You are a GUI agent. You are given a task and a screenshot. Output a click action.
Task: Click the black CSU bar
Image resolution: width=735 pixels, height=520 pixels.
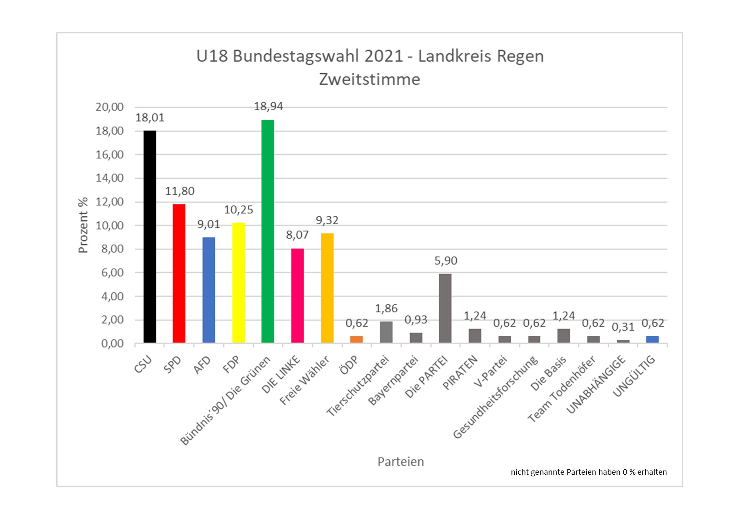[150, 237]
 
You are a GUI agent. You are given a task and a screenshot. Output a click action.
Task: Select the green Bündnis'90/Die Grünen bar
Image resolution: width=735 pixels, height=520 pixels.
[267, 231]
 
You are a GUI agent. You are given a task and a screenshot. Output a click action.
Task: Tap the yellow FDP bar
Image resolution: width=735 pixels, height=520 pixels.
[238, 283]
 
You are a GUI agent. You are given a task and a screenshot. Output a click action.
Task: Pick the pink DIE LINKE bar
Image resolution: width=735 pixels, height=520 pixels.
[297, 296]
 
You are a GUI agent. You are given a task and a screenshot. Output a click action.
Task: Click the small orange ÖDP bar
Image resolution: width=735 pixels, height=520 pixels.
[356, 340]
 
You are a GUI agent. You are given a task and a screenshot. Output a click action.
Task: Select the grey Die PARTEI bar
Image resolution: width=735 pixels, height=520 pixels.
[445, 309]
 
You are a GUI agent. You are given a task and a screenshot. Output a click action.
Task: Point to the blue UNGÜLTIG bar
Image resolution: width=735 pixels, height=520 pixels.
[652, 340]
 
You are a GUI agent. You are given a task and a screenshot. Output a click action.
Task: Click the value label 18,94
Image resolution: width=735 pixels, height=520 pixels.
[268, 107]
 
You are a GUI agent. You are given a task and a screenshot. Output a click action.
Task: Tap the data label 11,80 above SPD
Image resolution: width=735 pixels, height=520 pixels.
[180, 191]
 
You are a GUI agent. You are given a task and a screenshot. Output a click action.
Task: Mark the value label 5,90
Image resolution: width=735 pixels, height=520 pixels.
[445, 261]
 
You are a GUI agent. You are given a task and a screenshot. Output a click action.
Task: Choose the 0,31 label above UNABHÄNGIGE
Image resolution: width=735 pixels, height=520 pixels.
[623, 327]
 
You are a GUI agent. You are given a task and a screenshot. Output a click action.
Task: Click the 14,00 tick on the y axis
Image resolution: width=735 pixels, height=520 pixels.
[109, 178]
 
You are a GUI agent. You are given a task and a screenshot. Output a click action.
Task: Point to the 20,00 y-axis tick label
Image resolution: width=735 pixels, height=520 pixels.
[109, 107]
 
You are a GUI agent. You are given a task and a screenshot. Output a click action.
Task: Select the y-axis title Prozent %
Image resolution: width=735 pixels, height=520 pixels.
[83, 225]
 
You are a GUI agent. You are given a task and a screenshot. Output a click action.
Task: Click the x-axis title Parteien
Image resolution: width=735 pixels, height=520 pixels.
[401, 462]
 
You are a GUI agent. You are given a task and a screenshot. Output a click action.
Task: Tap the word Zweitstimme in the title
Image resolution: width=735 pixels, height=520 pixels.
[369, 79]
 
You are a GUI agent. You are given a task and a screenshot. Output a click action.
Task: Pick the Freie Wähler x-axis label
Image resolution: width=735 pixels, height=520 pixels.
[305, 381]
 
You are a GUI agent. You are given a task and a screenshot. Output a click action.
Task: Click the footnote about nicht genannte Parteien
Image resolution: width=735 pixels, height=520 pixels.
[588, 472]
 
